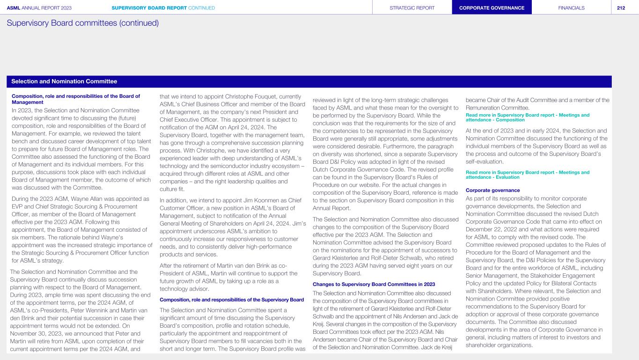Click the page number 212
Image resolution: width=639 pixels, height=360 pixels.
click(x=625, y=7)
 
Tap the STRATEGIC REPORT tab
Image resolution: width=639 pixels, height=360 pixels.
click(x=412, y=7)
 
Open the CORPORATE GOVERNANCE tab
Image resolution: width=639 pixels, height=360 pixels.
click(x=492, y=7)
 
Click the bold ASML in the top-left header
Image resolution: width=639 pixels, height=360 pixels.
click(x=14, y=7)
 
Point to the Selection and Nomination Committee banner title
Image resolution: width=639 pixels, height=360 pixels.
click(x=64, y=81)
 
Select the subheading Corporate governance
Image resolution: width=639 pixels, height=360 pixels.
click(x=486, y=190)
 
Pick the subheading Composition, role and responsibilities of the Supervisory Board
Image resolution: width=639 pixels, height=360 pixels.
click(x=232, y=300)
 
